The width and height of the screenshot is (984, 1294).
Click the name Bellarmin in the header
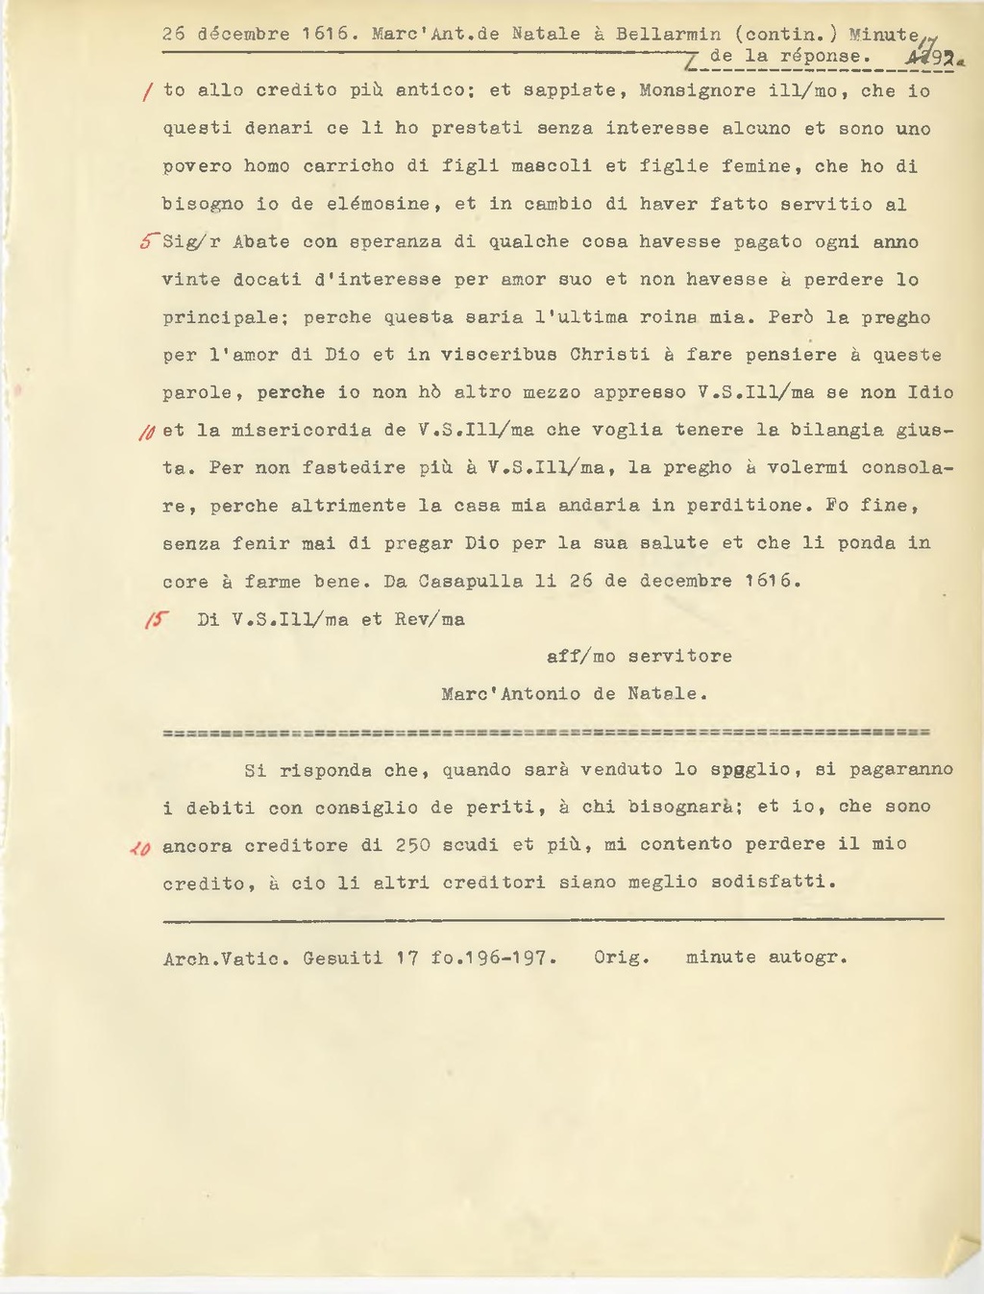click(x=668, y=34)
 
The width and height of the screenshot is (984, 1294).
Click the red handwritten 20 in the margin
click(x=140, y=848)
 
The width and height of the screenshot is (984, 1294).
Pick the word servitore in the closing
click(x=680, y=657)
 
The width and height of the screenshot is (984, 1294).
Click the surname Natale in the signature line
click(x=667, y=694)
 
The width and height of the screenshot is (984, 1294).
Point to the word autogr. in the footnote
click(x=807, y=958)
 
